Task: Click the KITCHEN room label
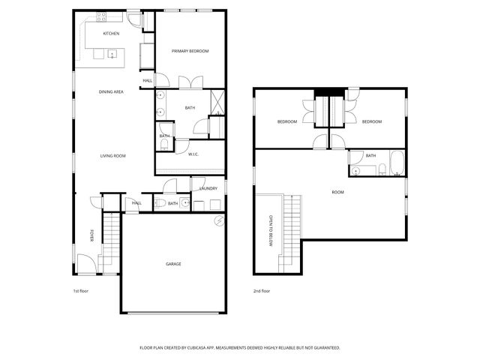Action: [111, 34]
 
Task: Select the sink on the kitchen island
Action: [111, 55]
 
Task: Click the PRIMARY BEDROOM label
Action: [190, 51]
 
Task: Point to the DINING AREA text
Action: [111, 91]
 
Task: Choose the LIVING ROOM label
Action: [113, 156]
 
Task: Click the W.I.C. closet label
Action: [193, 154]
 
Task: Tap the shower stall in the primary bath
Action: [217, 102]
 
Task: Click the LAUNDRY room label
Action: [208, 188]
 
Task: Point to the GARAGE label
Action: [173, 263]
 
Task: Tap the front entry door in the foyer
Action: [86, 263]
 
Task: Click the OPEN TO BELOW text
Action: [271, 232]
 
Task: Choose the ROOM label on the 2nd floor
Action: [338, 193]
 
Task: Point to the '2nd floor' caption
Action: [261, 290]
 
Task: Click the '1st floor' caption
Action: [80, 290]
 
